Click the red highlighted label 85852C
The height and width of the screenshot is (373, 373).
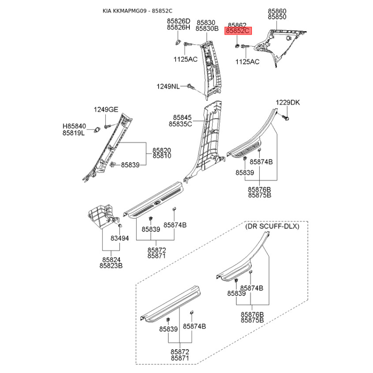point(238,31)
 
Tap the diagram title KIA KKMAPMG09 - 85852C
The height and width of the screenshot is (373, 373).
point(138,11)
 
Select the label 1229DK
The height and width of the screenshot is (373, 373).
point(288,103)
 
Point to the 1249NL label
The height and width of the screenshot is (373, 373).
point(168,86)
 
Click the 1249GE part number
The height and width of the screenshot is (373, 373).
point(106,110)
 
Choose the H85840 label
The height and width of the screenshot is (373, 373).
point(74,126)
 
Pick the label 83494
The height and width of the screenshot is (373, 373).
point(120,238)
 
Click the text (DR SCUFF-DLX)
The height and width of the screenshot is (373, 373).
point(272,226)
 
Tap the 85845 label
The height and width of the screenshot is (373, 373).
point(182,117)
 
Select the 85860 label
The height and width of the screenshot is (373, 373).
point(277,11)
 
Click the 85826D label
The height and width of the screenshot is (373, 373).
point(179,21)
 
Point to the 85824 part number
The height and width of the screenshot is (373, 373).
point(111,260)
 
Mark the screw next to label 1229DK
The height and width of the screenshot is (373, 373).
point(285,117)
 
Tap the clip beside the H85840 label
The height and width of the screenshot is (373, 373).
point(97,130)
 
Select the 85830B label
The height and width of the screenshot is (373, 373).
point(207,28)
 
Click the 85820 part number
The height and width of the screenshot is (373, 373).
point(162,150)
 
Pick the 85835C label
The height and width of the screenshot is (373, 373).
point(180,124)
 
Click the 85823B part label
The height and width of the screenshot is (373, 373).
point(111,266)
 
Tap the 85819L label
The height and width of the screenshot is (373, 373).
point(74,133)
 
